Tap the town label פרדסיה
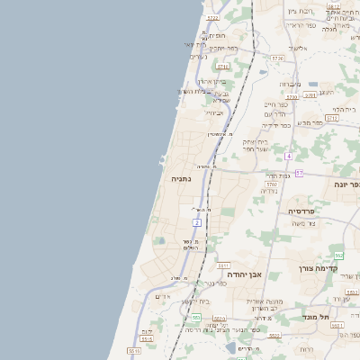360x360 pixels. click(x=301, y=211)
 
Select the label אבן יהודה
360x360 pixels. click(x=243, y=274)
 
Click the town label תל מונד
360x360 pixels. click(x=343, y=318)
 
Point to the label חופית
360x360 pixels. click(x=217, y=35)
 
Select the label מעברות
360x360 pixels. click(x=289, y=84)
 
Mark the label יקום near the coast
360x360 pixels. click(x=148, y=331)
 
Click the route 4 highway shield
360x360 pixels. click(x=288, y=156)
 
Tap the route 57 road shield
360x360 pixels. click(x=299, y=172)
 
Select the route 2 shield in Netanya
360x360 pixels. click(x=197, y=220)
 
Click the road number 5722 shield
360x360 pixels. click(x=212, y=17)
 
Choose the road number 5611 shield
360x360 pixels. click(x=224, y=265)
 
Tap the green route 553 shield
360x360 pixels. click(x=195, y=317)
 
